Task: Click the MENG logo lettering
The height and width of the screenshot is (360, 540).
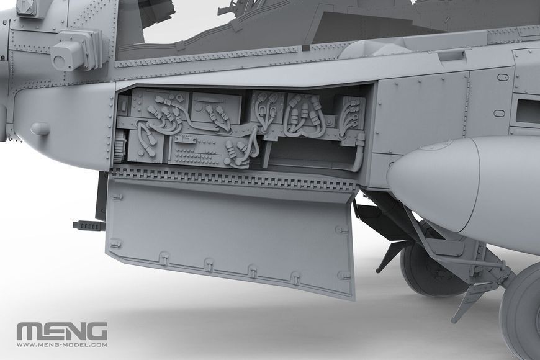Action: (62, 331)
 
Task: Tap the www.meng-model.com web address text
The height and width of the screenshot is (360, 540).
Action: (62, 345)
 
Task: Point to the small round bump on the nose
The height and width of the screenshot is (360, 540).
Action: (40, 128)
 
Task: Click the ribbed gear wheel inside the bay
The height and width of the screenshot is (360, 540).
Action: (120, 147)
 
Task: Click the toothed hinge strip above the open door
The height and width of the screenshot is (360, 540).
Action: (234, 179)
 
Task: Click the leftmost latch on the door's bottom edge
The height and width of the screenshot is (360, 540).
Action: (164, 256)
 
